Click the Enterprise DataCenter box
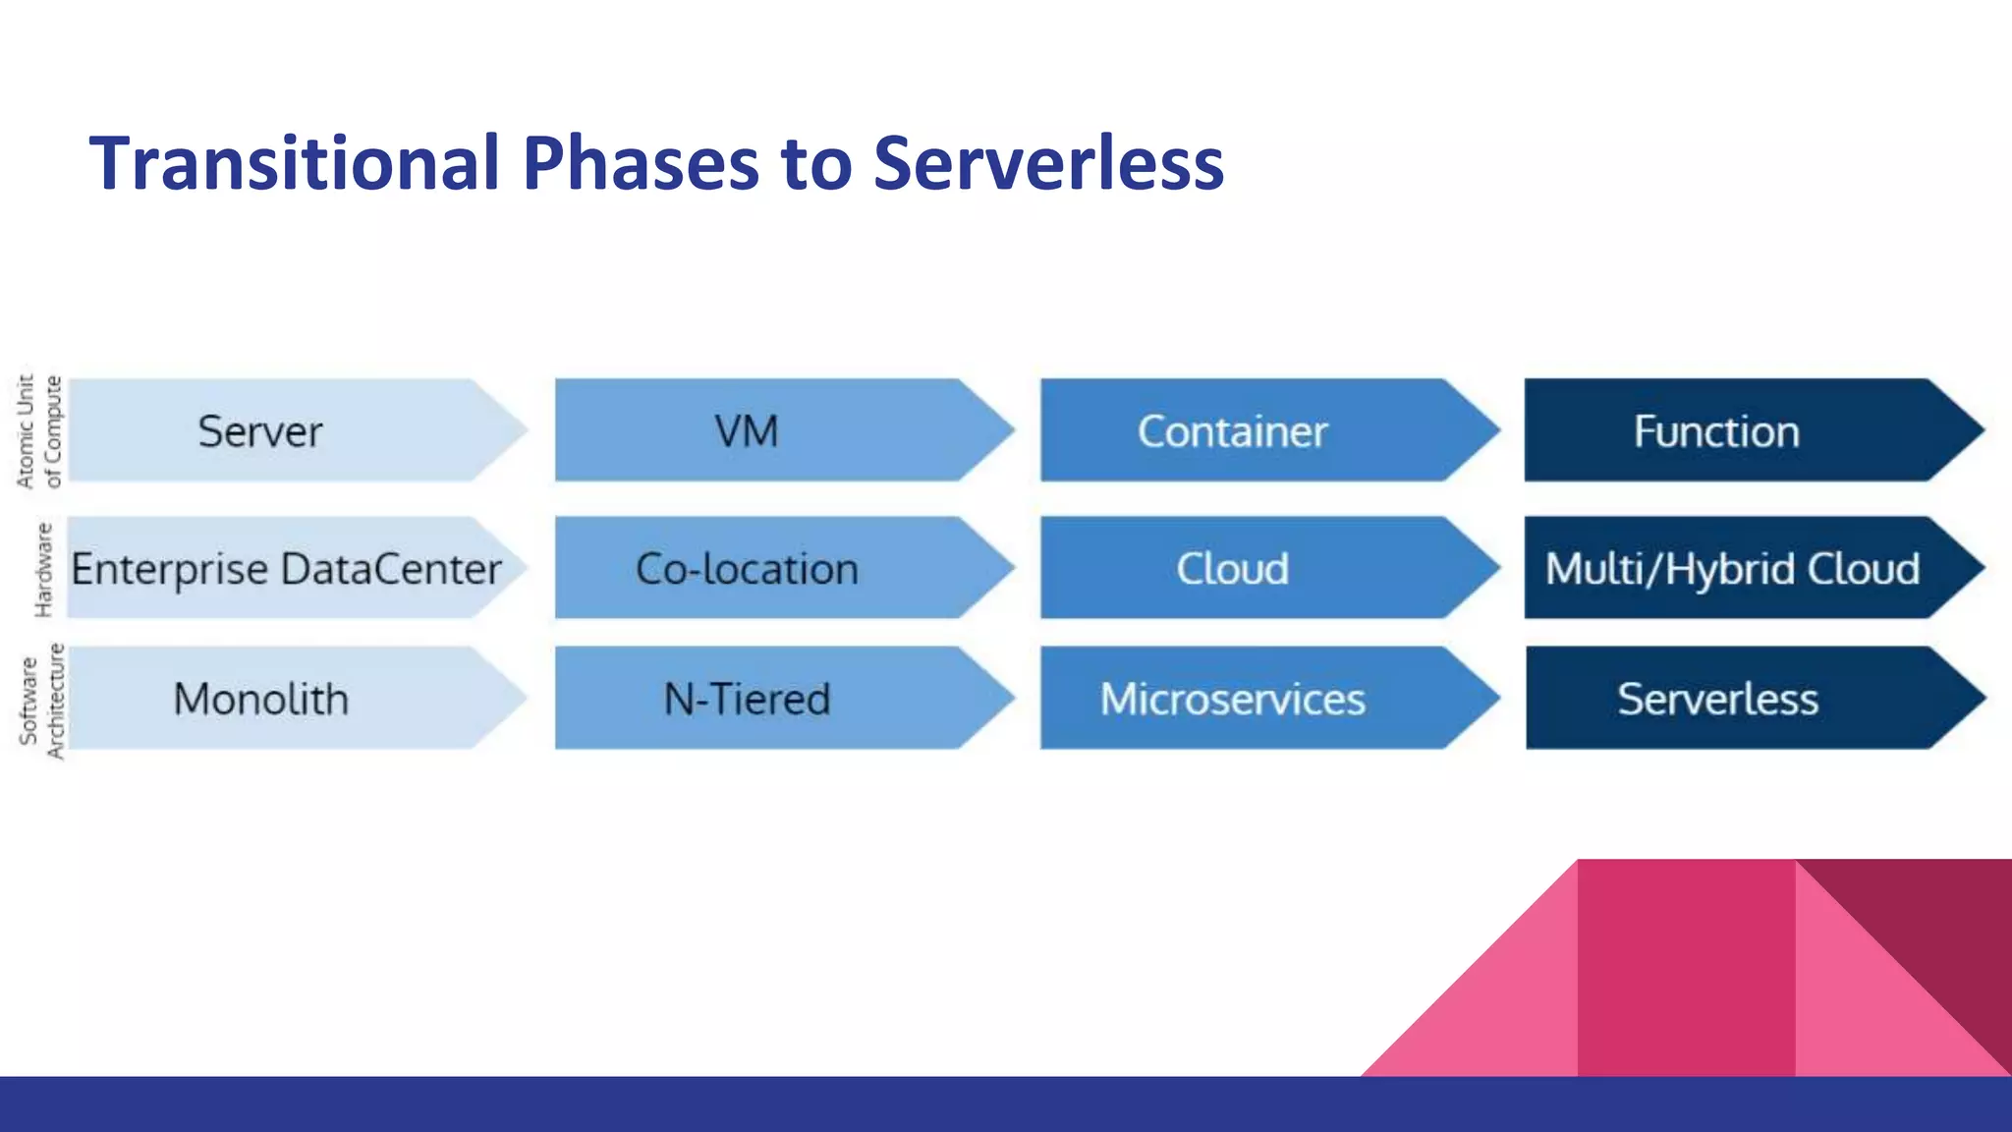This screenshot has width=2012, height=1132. (x=286, y=568)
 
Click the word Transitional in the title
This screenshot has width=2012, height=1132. (x=295, y=163)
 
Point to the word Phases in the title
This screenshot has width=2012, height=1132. (x=641, y=163)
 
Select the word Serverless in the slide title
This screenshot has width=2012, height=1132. (x=1048, y=163)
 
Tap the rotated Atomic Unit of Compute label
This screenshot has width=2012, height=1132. (x=39, y=430)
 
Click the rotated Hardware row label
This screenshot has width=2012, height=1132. (x=43, y=569)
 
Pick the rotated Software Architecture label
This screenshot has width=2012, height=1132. (x=42, y=701)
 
